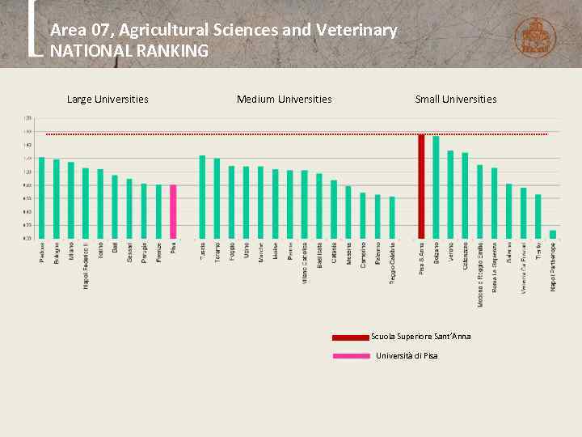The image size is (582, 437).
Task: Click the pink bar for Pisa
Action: pyautogui.click(x=173, y=211)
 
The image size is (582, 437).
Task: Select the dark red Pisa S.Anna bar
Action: pyautogui.click(x=421, y=186)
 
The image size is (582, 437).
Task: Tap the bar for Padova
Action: pyautogui.click(x=41, y=197)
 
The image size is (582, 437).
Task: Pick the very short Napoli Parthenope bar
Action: pyautogui.click(x=553, y=235)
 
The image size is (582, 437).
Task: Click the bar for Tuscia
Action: pyautogui.click(x=202, y=197)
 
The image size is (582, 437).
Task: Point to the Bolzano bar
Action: pyautogui.click(x=436, y=187)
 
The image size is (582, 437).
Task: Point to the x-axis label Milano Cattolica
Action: pyautogui.click(x=305, y=261)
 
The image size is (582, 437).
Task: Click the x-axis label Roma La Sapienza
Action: pyautogui.click(x=495, y=266)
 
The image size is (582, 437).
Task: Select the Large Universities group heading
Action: pyautogui.click(x=108, y=100)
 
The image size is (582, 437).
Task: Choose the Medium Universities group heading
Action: pyautogui.click(x=284, y=100)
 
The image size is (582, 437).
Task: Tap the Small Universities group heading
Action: pyautogui.click(x=455, y=100)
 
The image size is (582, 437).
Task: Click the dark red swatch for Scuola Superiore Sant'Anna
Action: pyautogui.click(x=350, y=337)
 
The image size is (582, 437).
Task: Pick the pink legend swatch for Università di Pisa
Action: pyautogui.click(x=350, y=356)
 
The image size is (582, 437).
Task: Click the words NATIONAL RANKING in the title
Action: pyautogui.click(x=129, y=51)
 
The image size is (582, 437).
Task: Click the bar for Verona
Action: pyautogui.click(x=450, y=194)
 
